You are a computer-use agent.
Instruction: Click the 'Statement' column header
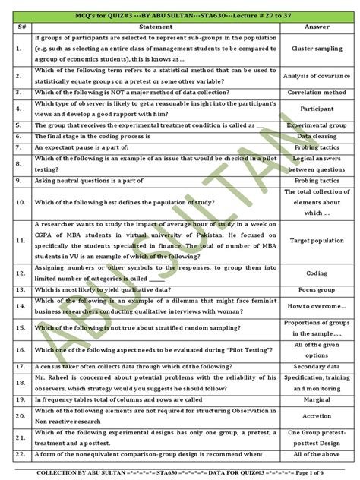[x=156, y=27]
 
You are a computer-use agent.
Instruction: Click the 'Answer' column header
[x=317, y=27]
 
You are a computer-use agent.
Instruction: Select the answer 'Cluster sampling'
[x=317, y=48]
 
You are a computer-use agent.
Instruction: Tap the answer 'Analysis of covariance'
[x=317, y=76]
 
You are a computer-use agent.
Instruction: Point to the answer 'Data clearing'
[x=317, y=136]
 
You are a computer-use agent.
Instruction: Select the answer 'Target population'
[x=317, y=240]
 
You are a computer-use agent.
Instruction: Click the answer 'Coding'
[x=317, y=273]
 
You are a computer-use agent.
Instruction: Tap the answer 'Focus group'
[x=317, y=290]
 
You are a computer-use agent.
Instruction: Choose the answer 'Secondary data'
[x=317, y=367]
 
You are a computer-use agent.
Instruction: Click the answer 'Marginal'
[x=317, y=399]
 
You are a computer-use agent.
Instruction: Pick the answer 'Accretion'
[x=317, y=415]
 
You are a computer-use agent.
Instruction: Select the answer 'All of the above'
[x=317, y=454]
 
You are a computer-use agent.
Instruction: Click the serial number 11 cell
[x=20, y=240]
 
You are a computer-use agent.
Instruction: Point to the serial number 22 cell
[x=20, y=454]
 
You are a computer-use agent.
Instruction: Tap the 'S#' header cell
[x=20, y=27]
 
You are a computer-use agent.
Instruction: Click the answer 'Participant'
[x=317, y=109]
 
